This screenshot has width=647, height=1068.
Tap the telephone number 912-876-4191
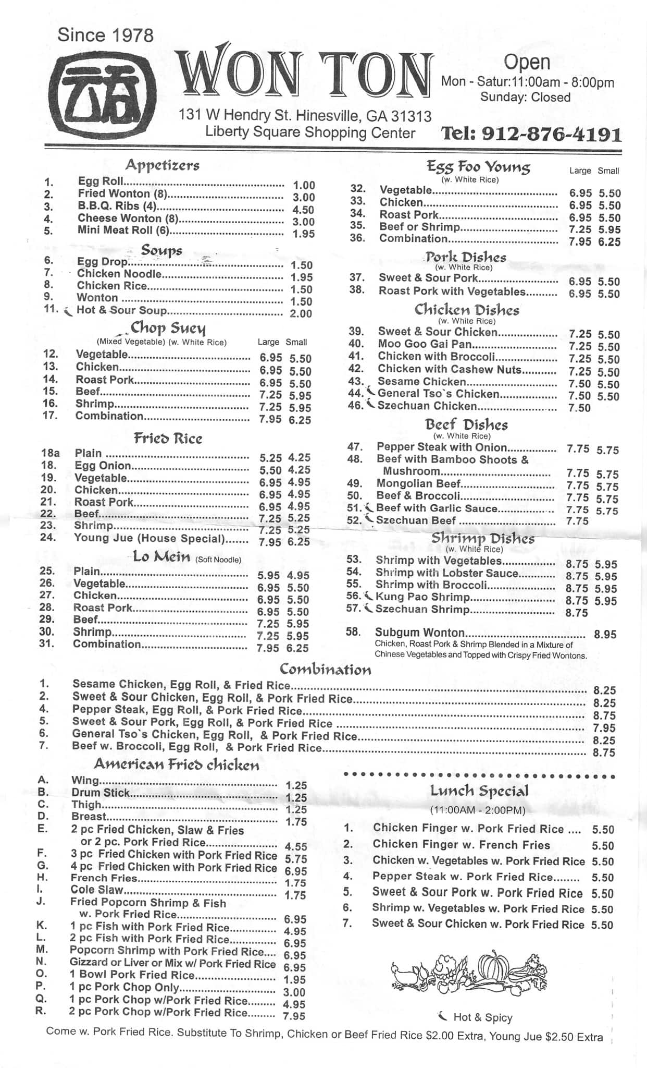point(531,135)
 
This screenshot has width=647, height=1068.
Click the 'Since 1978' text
point(106,35)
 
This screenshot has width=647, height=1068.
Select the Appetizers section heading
point(162,165)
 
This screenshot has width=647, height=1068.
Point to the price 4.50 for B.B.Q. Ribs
point(304,210)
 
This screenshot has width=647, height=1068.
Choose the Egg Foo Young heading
point(478,167)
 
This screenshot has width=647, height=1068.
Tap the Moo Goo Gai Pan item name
point(425,344)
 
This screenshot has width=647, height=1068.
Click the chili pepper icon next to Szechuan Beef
point(369,519)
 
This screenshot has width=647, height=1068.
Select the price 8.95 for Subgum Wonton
point(605,635)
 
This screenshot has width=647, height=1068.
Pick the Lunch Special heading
point(479,791)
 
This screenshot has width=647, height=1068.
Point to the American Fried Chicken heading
point(176,764)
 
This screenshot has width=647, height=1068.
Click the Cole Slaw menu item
point(96,890)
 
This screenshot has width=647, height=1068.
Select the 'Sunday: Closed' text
point(525,97)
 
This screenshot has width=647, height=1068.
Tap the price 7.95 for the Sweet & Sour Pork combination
point(604,728)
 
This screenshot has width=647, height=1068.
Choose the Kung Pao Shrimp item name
point(422,597)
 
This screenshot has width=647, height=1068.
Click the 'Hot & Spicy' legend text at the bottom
point(482,1017)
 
